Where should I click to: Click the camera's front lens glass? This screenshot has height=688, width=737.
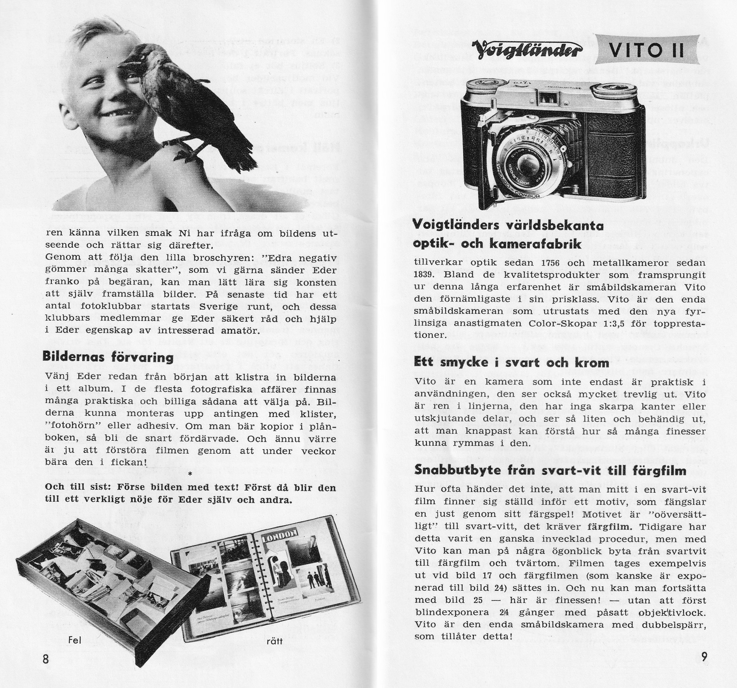(527, 163)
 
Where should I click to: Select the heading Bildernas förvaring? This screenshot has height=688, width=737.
(107, 357)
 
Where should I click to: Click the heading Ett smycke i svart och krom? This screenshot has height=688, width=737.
(511, 362)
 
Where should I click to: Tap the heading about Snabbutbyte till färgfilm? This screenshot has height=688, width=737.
(550, 470)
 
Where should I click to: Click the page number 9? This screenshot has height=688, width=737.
(704, 657)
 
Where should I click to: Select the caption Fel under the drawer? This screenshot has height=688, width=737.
(75, 640)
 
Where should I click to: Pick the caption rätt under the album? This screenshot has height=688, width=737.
(274, 641)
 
